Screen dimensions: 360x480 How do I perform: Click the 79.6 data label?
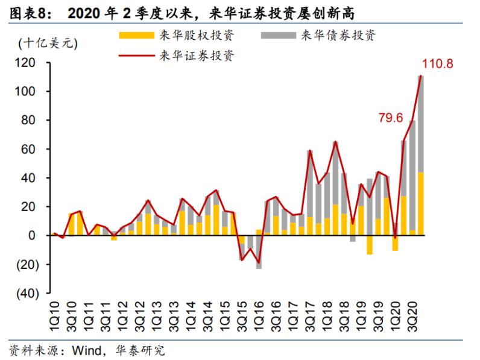coord(391,118)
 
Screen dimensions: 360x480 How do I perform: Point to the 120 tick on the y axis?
coord(28,63)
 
